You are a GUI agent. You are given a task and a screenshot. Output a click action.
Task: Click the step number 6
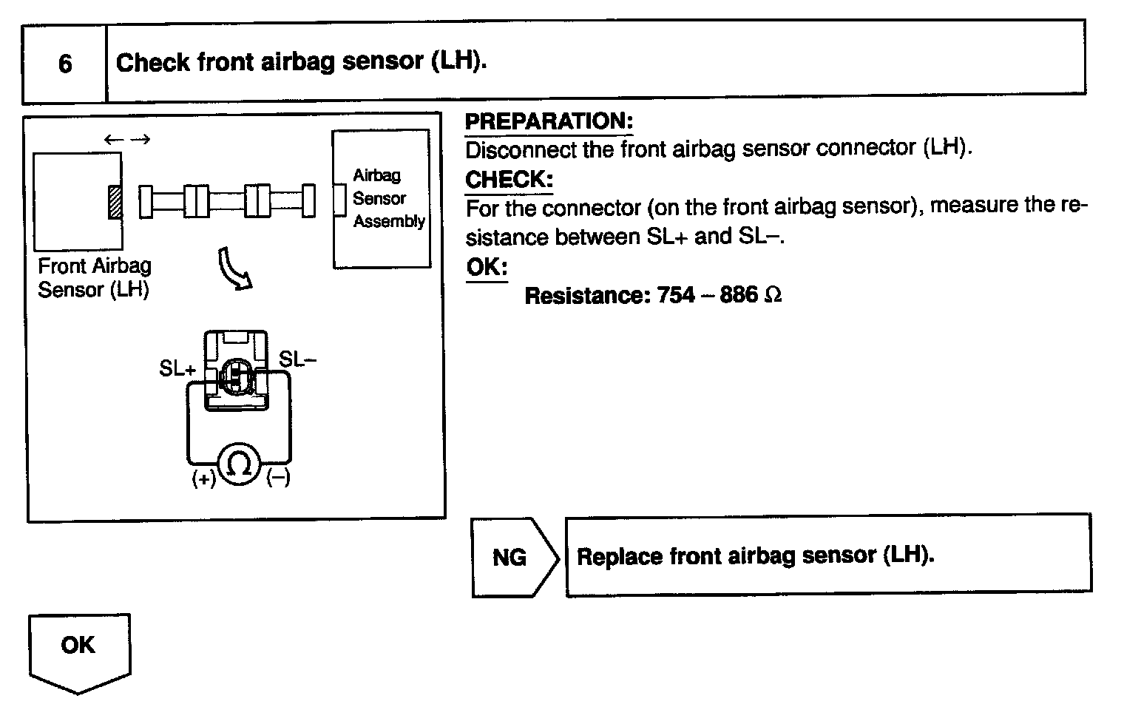[x=65, y=64]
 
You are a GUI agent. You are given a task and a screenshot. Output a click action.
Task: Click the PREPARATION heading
[x=549, y=122]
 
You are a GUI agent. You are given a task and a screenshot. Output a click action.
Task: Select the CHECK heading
[x=509, y=180]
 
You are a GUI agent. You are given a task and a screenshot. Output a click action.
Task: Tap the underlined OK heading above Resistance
[x=486, y=267]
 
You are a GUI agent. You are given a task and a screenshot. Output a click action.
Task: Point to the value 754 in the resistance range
[x=676, y=296]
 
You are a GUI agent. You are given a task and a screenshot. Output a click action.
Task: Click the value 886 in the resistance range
[x=738, y=296]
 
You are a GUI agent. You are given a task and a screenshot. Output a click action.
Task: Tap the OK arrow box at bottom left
[x=78, y=649]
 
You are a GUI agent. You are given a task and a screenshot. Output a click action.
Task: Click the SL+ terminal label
[x=177, y=368]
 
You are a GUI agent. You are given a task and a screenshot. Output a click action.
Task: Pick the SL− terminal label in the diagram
[x=297, y=360]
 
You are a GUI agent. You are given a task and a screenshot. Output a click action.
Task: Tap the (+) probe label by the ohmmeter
[x=203, y=479]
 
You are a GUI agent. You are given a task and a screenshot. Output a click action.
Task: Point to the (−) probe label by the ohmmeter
[x=278, y=478]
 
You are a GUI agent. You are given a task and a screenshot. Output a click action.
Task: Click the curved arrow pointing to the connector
[x=234, y=270]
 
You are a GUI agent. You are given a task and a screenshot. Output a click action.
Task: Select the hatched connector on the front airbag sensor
[x=115, y=201]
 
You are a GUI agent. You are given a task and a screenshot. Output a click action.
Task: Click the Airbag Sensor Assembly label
[x=387, y=198]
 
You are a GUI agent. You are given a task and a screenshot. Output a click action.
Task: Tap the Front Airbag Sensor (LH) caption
[x=94, y=277]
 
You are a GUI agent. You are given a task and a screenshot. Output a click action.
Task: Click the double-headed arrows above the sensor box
[x=126, y=139]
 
